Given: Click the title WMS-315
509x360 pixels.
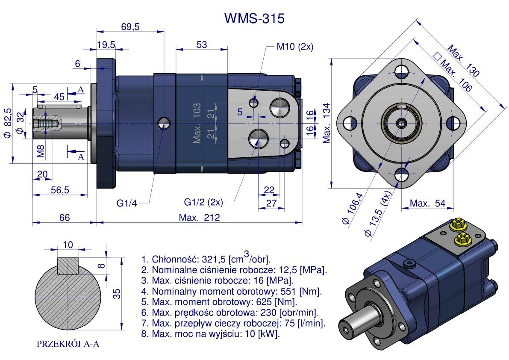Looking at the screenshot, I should (254, 18).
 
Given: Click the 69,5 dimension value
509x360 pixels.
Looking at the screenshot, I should (130, 27).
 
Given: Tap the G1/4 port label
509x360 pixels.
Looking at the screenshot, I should (127, 203).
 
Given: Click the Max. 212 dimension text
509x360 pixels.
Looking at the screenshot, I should (199, 218).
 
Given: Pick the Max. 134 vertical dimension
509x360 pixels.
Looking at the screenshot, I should (327, 123).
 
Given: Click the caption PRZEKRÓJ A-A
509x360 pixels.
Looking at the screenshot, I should (68, 344).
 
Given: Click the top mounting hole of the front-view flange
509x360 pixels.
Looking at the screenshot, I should (401, 69).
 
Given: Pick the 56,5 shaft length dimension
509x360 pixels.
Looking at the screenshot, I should (60, 190).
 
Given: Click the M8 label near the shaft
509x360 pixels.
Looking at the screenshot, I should (40, 151).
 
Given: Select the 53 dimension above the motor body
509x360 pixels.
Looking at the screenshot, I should (202, 44).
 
